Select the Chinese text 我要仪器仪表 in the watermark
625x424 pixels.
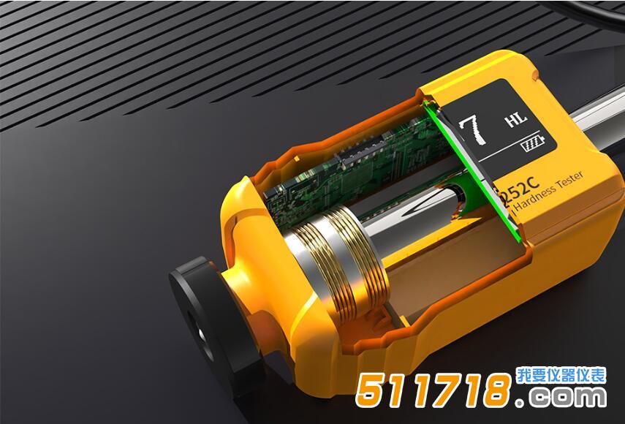coord(561,376)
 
